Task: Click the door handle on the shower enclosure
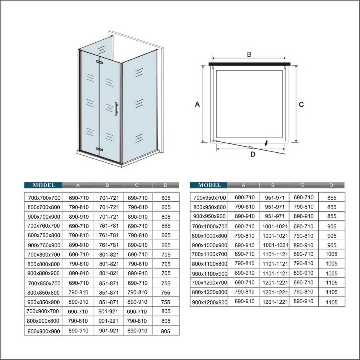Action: click(x=116, y=109)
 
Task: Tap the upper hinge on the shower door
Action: click(x=99, y=62)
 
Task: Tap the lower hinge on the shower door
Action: click(x=99, y=149)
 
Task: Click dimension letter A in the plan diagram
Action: click(x=197, y=104)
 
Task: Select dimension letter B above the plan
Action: click(x=249, y=55)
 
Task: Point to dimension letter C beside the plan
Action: click(x=301, y=105)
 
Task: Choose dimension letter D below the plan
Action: click(x=253, y=154)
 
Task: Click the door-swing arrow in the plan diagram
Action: click(x=266, y=144)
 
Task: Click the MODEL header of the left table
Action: click(x=44, y=185)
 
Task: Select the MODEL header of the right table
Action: click(x=209, y=185)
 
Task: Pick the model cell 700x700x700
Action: click(x=44, y=198)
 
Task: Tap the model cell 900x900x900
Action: click(x=44, y=331)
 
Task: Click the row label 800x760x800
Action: click(x=44, y=235)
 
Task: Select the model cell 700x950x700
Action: click(x=210, y=198)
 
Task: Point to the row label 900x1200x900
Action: click(x=210, y=303)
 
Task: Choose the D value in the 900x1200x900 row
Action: click(x=331, y=302)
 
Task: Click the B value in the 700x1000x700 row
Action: click(x=275, y=226)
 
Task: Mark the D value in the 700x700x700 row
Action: click(x=166, y=198)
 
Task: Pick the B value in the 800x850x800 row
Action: click(x=109, y=293)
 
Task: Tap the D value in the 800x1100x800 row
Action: click(x=331, y=264)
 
